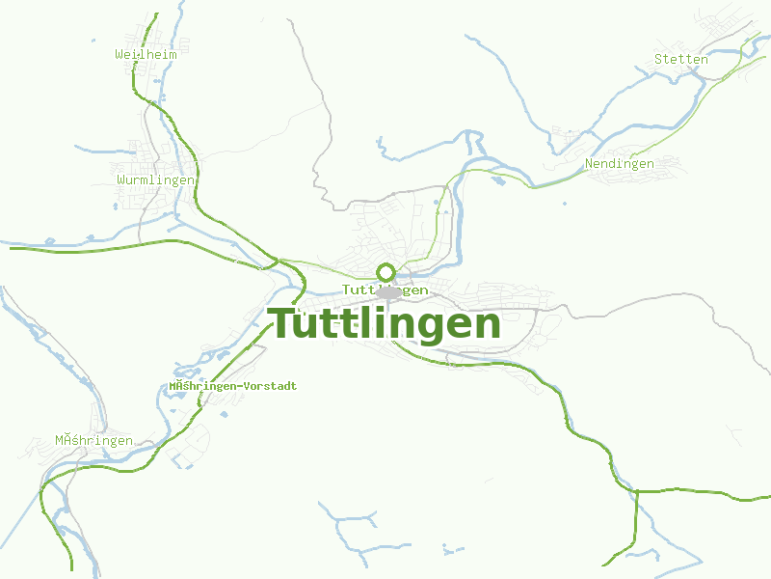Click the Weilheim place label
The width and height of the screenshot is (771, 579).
(146, 54)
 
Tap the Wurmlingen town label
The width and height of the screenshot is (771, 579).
(155, 180)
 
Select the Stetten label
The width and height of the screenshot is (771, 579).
(681, 59)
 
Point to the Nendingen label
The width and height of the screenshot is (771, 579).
(620, 164)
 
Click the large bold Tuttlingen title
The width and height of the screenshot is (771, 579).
(384, 324)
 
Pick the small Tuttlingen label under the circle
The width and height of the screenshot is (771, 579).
(385, 289)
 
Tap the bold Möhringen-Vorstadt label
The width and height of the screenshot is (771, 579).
(233, 386)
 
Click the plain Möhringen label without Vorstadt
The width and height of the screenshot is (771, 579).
(93, 441)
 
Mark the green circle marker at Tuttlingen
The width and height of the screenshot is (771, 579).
(385, 272)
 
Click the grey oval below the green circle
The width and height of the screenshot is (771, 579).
(389, 291)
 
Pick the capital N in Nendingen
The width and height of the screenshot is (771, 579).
(589, 164)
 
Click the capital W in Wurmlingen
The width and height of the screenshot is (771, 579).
(120, 180)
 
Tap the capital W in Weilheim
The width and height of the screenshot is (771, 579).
(120, 54)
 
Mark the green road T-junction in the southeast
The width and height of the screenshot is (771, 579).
(637, 491)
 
